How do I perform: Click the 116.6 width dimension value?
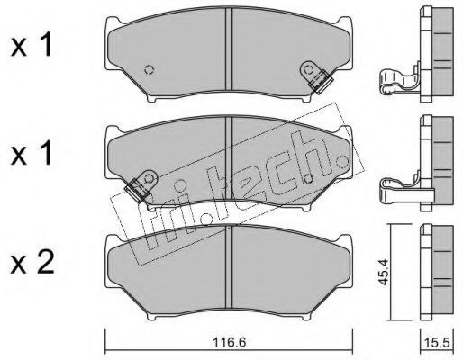pyautogui.click(x=229, y=342)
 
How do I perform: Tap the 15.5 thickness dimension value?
pyautogui.click(x=439, y=342)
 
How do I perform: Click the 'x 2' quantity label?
pyautogui.click(x=32, y=262)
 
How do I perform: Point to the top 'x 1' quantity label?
pyautogui.click(x=32, y=46)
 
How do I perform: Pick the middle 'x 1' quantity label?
pyautogui.click(x=32, y=154)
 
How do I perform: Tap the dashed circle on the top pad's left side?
pyautogui.click(x=150, y=69)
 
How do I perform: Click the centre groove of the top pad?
pyautogui.click(x=229, y=49)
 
